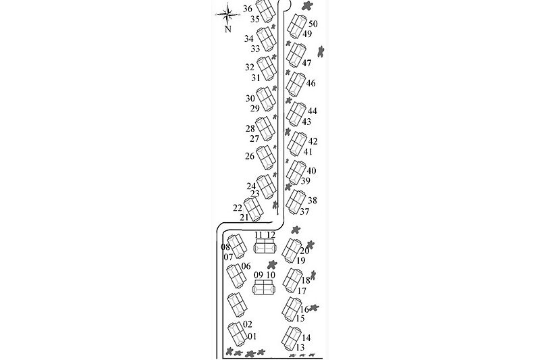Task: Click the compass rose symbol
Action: point(227,14)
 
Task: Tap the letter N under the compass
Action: point(227,29)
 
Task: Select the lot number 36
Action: point(248,9)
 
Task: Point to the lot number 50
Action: point(313,24)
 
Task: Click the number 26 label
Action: point(250,156)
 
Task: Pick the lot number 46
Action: point(310,83)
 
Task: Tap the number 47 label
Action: point(306,63)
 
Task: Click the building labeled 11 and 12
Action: point(265,247)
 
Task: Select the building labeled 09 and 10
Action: point(265,287)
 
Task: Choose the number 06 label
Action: point(246,266)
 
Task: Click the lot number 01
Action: point(252,336)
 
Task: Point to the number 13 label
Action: point(300,347)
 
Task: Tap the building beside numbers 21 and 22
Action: point(254,209)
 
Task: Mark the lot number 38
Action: point(313,201)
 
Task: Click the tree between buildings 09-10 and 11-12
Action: point(273,265)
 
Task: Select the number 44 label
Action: point(313,111)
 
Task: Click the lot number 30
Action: point(250,99)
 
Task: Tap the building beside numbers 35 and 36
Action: point(266,11)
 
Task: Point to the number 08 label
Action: point(225,247)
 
